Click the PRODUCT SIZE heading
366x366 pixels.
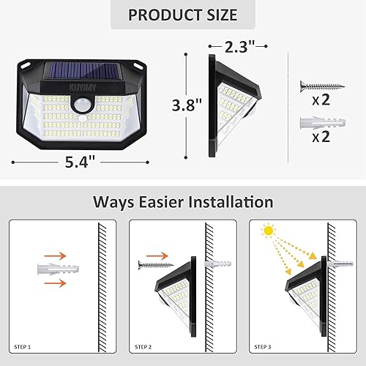pos(183,15)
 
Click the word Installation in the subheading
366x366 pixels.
pos(228,202)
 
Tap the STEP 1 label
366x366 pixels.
pos(23,346)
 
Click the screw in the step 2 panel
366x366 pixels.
pos(153,262)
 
